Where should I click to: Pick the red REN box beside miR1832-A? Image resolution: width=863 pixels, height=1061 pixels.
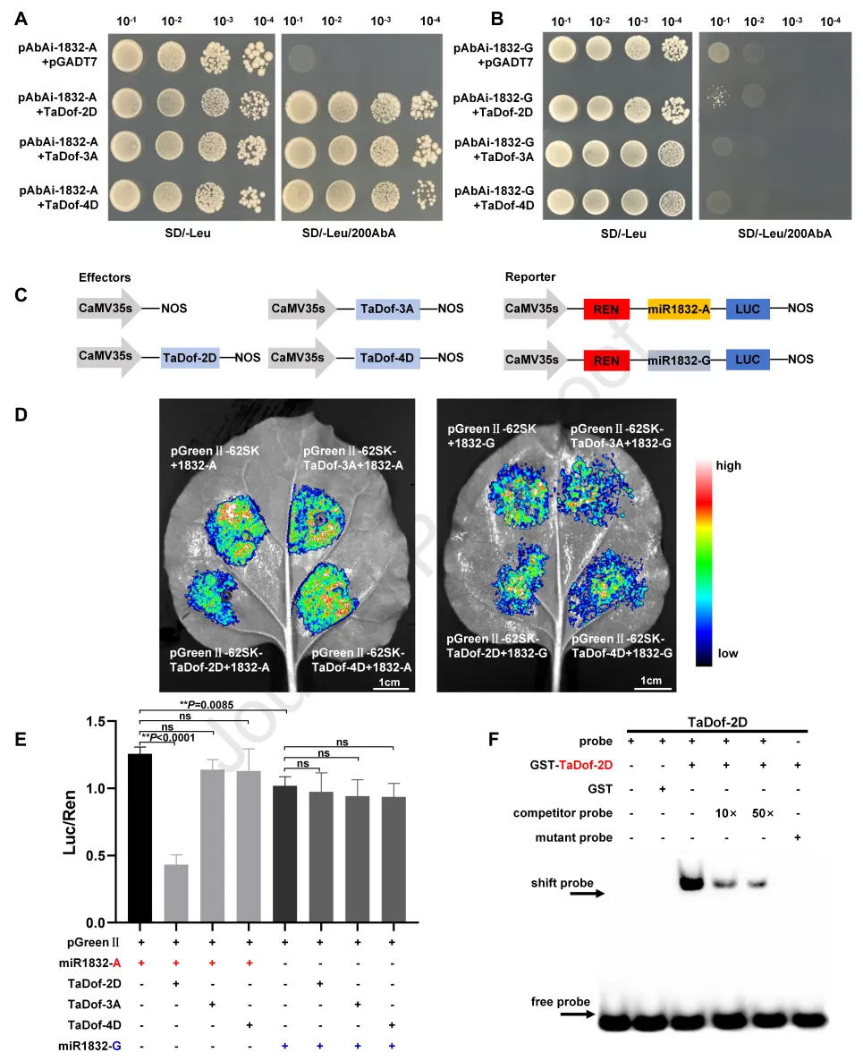point(606,310)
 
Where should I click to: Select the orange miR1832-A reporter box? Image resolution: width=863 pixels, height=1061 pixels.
point(679,310)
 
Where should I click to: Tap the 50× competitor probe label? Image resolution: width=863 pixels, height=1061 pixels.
point(762,813)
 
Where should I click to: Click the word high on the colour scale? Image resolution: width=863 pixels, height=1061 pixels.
point(728,466)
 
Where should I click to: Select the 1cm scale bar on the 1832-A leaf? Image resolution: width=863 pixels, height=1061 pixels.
point(387,684)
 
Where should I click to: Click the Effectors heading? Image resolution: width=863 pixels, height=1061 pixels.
point(105,277)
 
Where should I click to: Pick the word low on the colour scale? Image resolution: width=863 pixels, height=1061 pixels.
point(727,654)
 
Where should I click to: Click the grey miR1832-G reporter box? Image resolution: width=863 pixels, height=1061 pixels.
point(679,360)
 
